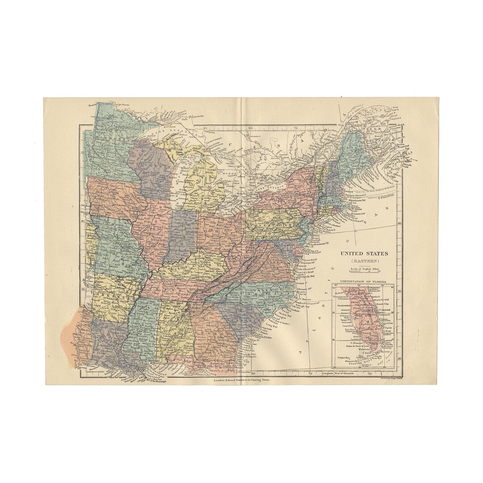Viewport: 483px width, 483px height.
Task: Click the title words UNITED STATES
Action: (364, 254)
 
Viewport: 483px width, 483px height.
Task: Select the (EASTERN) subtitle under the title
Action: (364, 260)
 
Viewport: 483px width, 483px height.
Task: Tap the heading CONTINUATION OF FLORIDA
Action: (363, 282)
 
